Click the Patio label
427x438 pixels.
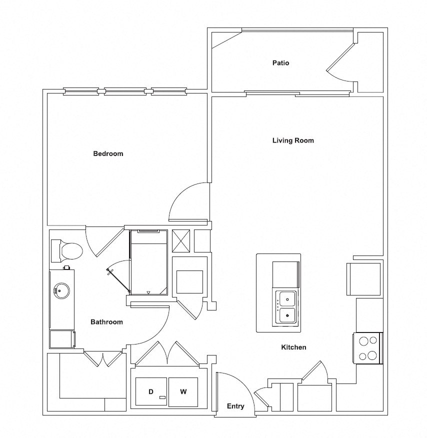(280, 63)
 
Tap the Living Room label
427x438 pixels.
(293, 140)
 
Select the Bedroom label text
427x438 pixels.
(108, 153)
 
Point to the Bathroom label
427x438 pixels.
(106, 322)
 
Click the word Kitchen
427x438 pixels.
(293, 347)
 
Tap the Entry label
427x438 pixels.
(235, 406)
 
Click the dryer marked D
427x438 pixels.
(151, 392)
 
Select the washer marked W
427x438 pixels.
(183, 392)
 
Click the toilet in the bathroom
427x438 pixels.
(67, 251)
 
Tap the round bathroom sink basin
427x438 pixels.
(62, 289)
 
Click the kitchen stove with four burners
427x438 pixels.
(368, 348)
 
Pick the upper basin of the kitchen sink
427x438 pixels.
(286, 299)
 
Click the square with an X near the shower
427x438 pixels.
(180, 241)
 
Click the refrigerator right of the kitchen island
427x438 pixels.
(363, 279)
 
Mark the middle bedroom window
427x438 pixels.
(125, 91)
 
